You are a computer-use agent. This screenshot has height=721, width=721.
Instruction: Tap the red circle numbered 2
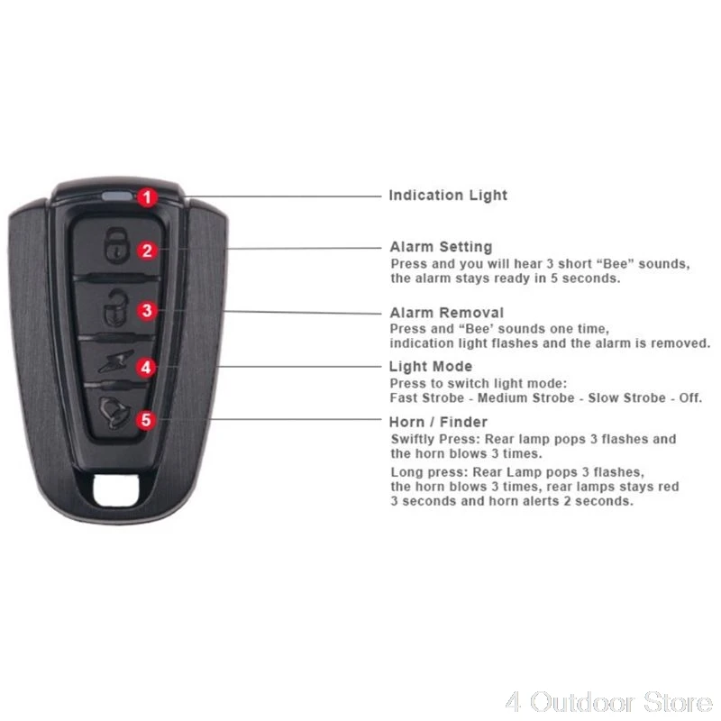pyautogui.click(x=148, y=251)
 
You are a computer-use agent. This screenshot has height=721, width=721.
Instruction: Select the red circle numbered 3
pyautogui.click(x=148, y=311)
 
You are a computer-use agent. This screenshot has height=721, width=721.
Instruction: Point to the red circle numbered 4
pyautogui.click(x=148, y=367)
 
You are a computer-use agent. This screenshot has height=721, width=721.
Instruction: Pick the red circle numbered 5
pyautogui.click(x=148, y=420)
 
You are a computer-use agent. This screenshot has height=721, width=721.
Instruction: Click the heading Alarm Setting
pyautogui.click(x=441, y=246)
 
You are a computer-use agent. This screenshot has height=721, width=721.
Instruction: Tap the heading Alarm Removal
pyautogui.click(x=446, y=313)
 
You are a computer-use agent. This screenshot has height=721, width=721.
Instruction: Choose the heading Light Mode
pyautogui.click(x=430, y=367)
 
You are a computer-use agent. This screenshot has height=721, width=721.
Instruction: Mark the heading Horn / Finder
pyautogui.click(x=438, y=421)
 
